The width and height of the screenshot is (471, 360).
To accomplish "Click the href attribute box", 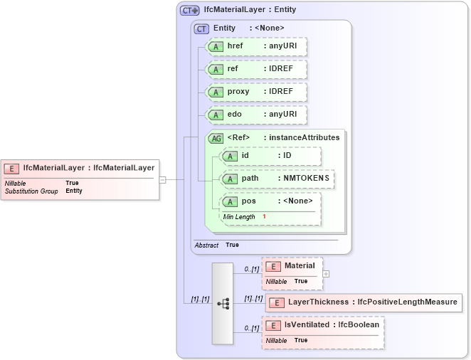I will [255, 47].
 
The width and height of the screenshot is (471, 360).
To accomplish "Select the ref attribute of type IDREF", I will [255, 70].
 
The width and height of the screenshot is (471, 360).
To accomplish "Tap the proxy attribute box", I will [255, 92].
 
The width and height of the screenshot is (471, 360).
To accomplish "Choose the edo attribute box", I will [255, 115].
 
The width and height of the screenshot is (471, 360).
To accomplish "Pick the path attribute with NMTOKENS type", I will [277, 179].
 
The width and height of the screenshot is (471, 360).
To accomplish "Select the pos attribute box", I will [270, 201].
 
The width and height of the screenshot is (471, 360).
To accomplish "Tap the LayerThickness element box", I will [363, 302].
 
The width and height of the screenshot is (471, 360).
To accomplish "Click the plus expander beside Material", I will [326, 273].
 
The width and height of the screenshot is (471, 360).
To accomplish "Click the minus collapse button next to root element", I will [162, 180].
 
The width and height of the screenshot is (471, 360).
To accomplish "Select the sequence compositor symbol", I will [223, 303].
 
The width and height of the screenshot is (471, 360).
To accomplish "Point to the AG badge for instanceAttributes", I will [216, 138].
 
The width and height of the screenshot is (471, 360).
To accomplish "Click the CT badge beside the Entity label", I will [201, 28].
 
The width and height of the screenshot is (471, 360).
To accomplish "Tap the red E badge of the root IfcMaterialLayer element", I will [11, 168].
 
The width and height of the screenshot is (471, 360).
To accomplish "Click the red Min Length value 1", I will [264, 216].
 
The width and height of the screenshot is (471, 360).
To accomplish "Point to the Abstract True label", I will [216, 245].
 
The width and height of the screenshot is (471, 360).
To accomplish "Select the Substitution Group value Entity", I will [74, 191].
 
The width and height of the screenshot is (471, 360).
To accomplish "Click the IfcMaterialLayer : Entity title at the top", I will [250, 10].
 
